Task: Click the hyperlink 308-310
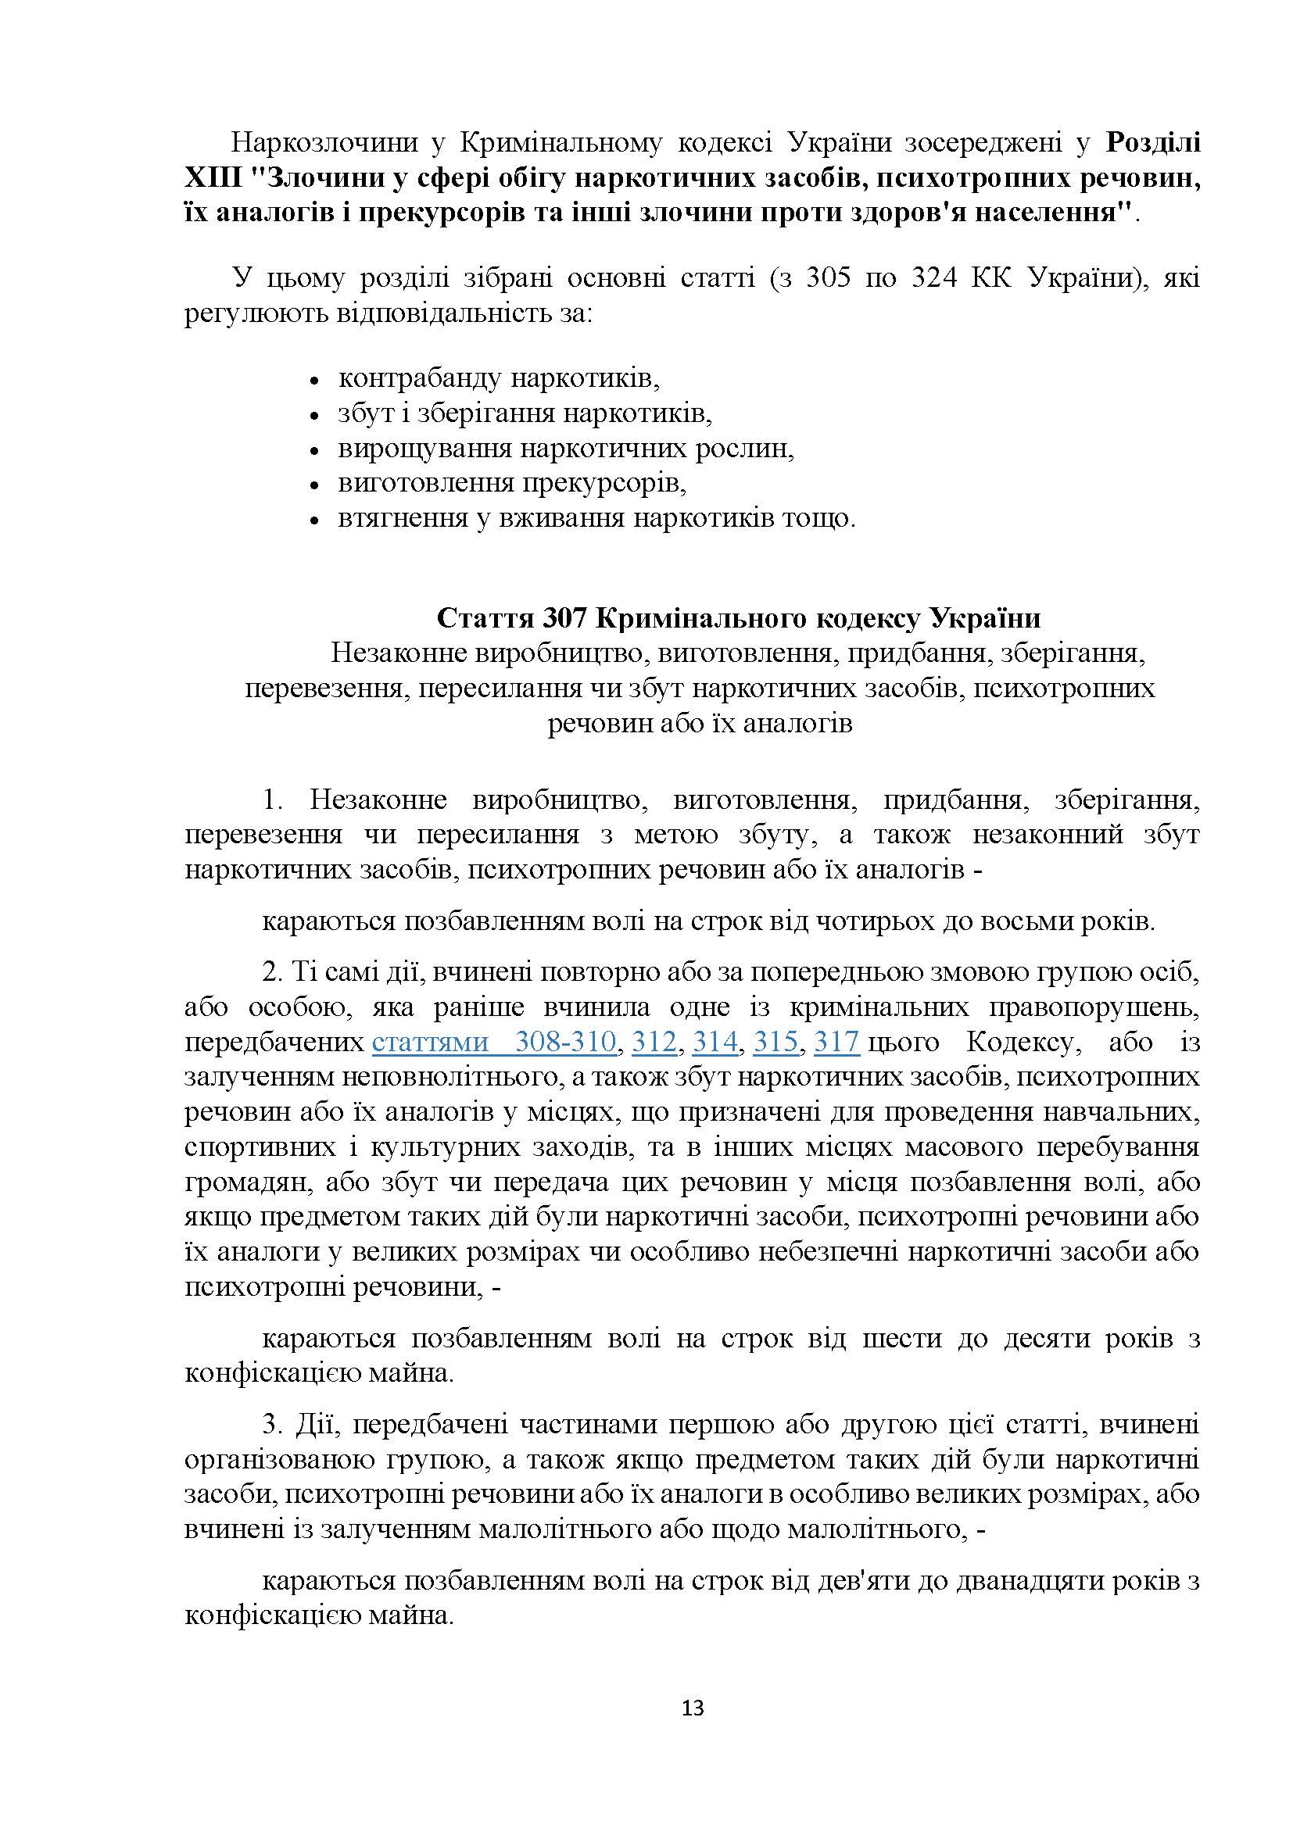click(x=565, y=1043)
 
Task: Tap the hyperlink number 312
click(x=654, y=1043)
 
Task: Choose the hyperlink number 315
click(x=775, y=1043)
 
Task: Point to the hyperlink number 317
click(x=836, y=1043)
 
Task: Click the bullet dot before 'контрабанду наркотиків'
click(x=313, y=381)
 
